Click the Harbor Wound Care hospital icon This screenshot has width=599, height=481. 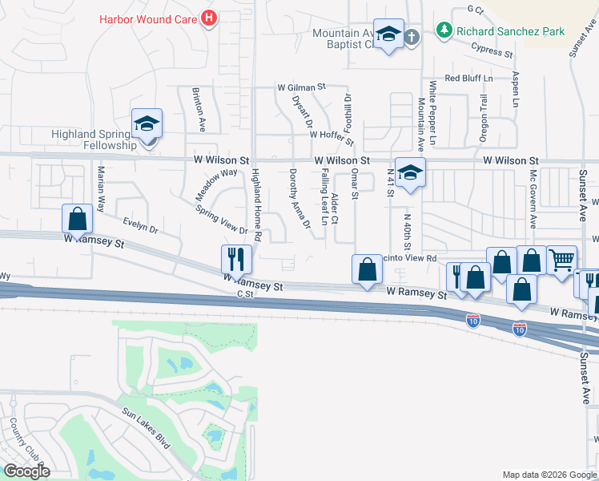[209, 17]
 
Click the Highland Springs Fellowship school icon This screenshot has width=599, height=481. [147, 124]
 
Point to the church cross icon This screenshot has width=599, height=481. [411, 37]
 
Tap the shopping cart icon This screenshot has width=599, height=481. [561, 259]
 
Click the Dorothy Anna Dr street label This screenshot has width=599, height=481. [299, 198]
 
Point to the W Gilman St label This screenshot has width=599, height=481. [302, 87]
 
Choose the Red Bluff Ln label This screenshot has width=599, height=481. [469, 79]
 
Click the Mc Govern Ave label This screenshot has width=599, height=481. [532, 197]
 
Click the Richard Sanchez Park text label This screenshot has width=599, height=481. [510, 31]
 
